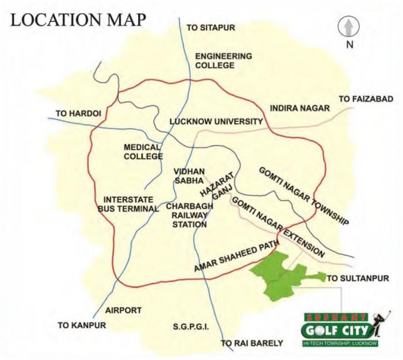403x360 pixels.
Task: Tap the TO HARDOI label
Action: click(78, 113)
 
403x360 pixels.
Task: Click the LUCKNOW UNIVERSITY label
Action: click(216, 122)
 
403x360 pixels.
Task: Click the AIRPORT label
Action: click(123, 310)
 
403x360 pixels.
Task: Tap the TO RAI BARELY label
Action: click(252, 343)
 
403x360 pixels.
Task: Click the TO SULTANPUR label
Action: click(358, 278)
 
